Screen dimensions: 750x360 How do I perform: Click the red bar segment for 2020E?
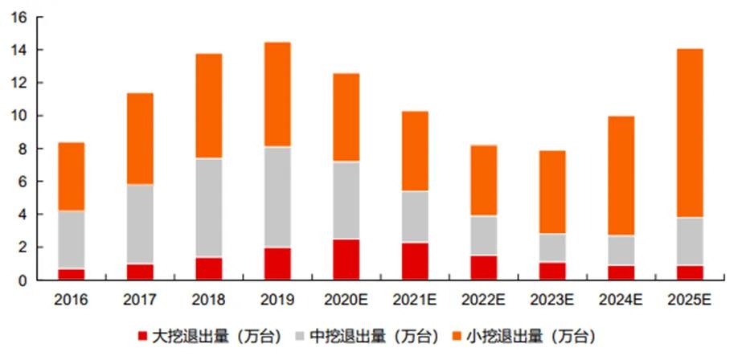tap(346, 260)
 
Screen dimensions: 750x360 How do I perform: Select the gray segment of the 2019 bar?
tap(277, 197)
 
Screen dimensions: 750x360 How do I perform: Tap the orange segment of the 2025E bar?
tap(690, 133)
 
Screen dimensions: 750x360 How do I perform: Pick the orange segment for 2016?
tap(72, 177)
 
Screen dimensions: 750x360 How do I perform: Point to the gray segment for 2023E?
tap(552, 248)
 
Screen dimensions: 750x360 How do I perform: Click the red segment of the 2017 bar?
tap(140, 272)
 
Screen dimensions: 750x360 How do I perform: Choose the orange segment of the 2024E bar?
tap(621, 176)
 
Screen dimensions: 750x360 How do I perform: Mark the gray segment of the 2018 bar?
tap(209, 208)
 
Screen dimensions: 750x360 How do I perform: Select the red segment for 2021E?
tap(415, 261)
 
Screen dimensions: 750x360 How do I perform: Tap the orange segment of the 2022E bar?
tap(484, 181)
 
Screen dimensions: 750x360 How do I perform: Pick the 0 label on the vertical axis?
tap(26, 280)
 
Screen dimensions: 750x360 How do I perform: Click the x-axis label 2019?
tap(277, 301)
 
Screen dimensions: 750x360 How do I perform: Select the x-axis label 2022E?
tap(484, 301)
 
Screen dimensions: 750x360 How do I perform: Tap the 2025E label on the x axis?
tap(690, 301)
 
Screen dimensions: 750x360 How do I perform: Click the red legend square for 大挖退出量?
tap(142, 337)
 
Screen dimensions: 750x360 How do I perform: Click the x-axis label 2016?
tap(72, 301)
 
